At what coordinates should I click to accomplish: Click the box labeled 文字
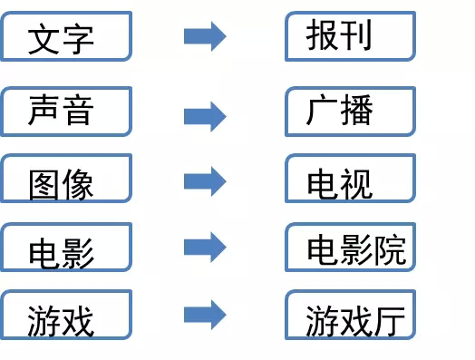click(67, 36)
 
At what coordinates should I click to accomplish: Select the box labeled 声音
click(67, 111)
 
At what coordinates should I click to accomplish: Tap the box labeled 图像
click(67, 179)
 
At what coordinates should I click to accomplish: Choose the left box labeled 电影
click(67, 247)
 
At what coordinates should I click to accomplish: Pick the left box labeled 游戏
click(67, 315)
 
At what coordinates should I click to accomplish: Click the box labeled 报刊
click(350, 36)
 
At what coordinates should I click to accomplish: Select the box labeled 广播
click(350, 111)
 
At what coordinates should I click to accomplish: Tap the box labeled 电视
click(350, 179)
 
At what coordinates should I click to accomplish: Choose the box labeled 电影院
click(350, 247)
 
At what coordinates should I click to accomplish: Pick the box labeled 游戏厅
click(350, 315)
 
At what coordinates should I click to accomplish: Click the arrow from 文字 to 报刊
click(204, 37)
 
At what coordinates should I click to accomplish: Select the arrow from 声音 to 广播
click(204, 116)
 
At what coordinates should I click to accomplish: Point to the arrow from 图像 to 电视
click(204, 180)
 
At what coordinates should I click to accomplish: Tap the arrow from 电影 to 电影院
click(204, 246)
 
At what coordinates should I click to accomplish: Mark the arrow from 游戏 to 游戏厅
click(204, 315)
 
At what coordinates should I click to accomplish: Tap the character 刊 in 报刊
click(357, 35)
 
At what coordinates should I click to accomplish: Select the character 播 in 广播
click(357, 111)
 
